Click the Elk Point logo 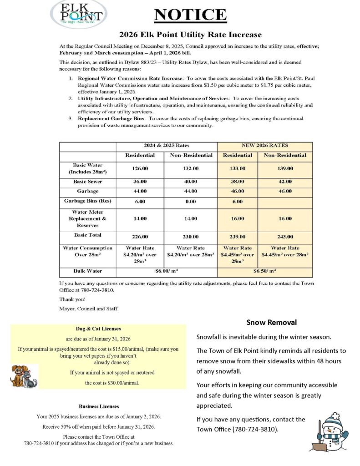pos(78,14)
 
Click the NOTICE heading pos(190,15)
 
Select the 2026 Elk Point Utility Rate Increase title pos(191,35)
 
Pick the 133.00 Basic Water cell pos(238,168)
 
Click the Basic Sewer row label pos(87,181)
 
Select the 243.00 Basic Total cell pos(285,237)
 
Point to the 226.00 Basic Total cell pos(140,237)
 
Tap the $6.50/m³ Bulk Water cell pos(265,271)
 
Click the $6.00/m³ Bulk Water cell pos(167,271)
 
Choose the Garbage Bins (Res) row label pos(87,201)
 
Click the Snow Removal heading pos(272,322)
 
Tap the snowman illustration pos(331,432)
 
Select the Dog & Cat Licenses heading pos(98,328)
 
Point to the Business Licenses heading pos(99,406)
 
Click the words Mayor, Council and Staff pos(89,309)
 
